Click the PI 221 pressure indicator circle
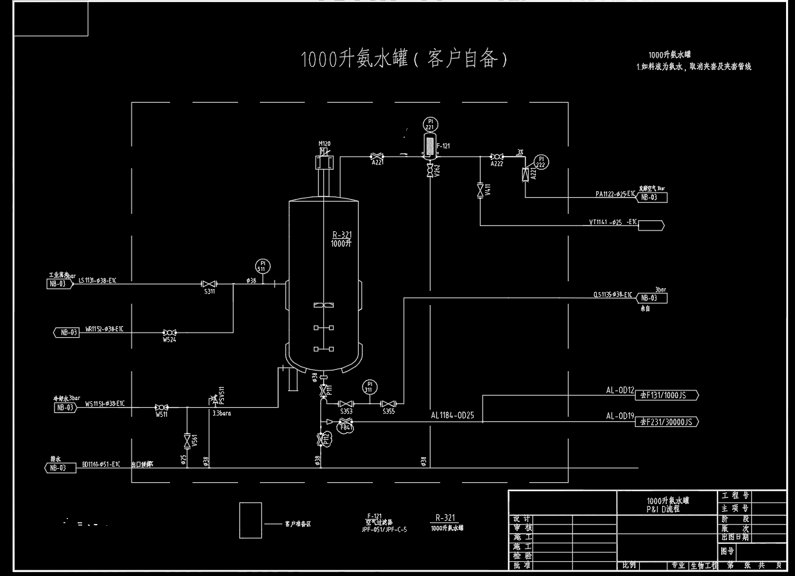tap(430, 123)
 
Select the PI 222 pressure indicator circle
tap(542, 161)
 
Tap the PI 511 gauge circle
tap(262, 265)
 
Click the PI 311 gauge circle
tap(369, 387)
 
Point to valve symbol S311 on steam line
tap(209, 284)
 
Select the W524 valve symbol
tap(169, 332)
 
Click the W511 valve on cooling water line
tap(162, 407)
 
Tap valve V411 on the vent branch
tap(480, 190)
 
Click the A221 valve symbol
tap(377, 156)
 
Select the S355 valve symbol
tap(389, 403)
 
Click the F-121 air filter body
tap(429, 146)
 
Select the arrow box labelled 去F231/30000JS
tap(666, 421)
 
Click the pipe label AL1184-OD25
tap(452, 415)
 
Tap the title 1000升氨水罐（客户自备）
tap(406, 59)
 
